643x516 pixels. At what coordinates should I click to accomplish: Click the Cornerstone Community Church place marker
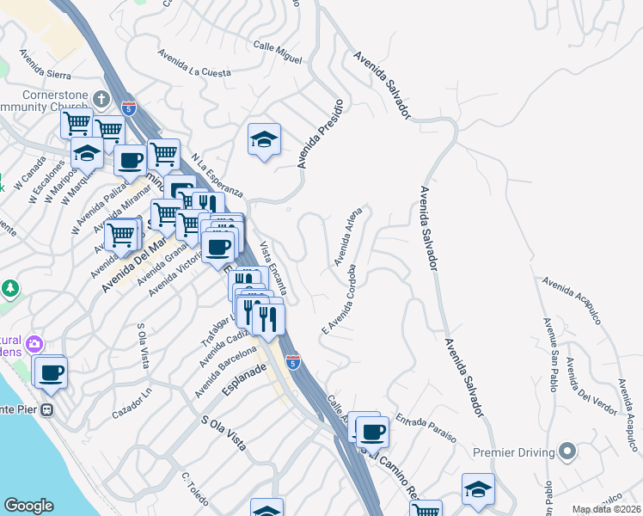coord(101,98)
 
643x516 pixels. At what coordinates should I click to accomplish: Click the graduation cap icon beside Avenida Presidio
coord(264,138)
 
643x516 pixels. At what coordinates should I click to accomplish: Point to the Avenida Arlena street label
coord(348,236)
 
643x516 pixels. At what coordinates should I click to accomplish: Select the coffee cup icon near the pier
coord(51,372)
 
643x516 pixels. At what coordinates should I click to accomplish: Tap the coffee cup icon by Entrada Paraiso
coord(371,432)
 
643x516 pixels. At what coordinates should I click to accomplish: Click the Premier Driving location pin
coord(566,451)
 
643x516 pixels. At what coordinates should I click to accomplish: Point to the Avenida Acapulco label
coord(571,300)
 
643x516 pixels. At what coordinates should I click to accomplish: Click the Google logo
coord(29,506)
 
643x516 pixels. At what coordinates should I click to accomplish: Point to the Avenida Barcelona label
coord(225,372)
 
